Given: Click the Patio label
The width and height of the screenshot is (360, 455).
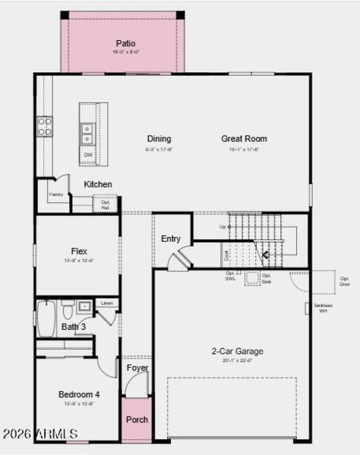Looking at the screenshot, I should (x=126, y=44).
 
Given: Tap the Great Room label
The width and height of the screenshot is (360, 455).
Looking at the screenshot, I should (x=244, y=138).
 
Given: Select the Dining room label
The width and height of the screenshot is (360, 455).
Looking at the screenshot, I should (x=159, y=138).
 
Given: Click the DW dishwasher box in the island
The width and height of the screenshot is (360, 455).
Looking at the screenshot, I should (x=88, y=156).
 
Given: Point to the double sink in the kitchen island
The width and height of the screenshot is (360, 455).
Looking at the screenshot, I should (x=87, y=134).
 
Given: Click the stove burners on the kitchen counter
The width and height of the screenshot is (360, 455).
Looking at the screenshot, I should (x=45, y=126).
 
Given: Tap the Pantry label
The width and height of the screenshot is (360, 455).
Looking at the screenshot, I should (x=56, y=194).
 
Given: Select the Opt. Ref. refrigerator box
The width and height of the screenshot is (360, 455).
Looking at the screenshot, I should (x=105, y=204).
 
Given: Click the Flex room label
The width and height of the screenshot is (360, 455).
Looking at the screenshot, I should (x=79, y=251).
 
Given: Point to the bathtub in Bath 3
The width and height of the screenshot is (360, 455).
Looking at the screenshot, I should (x=46, y=318).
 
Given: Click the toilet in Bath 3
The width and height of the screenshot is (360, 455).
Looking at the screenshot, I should (x=67, y=309).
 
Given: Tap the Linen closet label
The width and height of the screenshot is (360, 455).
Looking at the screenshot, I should (x=107, y=303).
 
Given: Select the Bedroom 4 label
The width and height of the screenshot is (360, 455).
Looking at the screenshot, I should (x=79, y=394).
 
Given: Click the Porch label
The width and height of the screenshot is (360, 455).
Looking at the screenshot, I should (x=137, y=419).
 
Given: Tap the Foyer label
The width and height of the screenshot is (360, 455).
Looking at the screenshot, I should (x=137, y=368).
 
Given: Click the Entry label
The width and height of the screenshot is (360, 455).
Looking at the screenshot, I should (x=171, y=239).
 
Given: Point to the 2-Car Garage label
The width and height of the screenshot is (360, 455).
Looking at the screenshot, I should (x=238, y=352).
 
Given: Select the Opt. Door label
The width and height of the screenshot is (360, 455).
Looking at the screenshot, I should (x=345, y=281).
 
